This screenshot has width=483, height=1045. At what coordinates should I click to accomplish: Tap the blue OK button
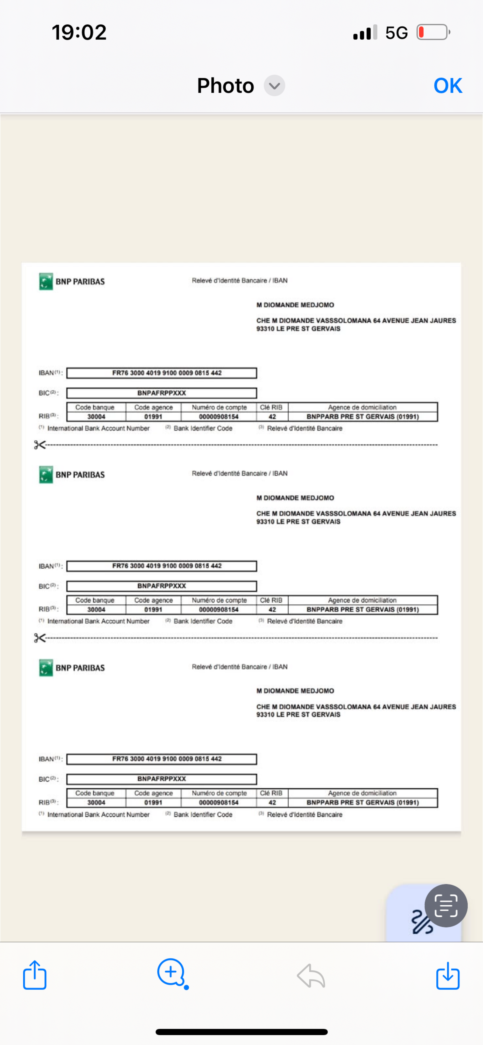tap(448, 86)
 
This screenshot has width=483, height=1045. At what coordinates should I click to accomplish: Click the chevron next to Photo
tap(274, 86)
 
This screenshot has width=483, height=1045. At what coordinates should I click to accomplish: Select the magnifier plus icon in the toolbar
tap(171, 973)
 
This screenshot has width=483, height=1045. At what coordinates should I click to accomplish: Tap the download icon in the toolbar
tap(448, 975)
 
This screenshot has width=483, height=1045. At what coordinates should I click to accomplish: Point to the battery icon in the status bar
tap(433, 32)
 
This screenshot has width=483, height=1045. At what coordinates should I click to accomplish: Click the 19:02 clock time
tap(79, 32)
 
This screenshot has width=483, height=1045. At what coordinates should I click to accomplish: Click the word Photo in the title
tap(226, 86)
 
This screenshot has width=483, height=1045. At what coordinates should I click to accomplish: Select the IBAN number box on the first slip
tap(162, 373)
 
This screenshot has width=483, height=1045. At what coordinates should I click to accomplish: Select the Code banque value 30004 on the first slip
tap(96, 417)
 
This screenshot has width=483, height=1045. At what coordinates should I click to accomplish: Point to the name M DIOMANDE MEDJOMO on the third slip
tap(295, 691)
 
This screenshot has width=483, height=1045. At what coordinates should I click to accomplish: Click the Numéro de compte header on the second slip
tap(219, 600)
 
